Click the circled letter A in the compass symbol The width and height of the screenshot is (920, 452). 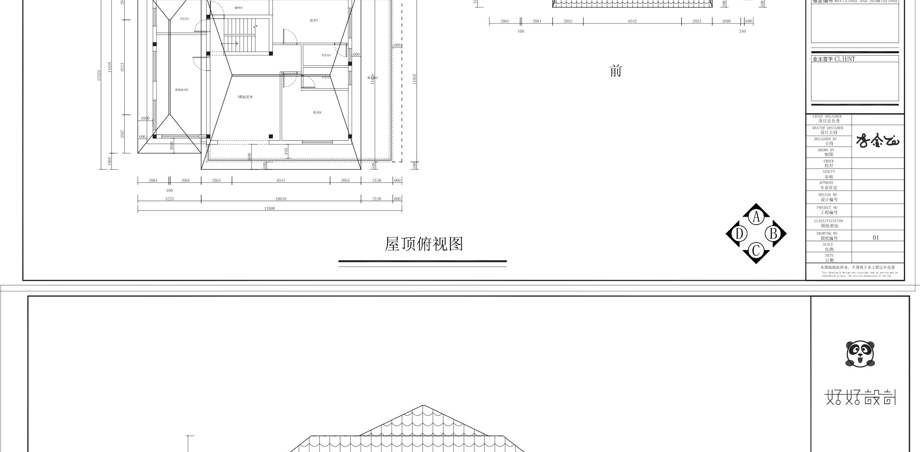coord(756,217)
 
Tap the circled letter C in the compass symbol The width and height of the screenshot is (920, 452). coord(756,251)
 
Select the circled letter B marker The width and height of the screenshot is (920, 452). coord(773,234)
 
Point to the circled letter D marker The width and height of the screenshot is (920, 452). coord(739,234)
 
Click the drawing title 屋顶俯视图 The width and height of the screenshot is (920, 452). coord(423,244)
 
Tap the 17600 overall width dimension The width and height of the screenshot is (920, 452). coord(269,209)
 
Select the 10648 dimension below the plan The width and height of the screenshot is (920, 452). coord(281,199)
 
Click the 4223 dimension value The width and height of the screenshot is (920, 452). coord(169,199)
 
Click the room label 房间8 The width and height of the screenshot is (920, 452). coord(317,113)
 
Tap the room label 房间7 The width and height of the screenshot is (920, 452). coord(314,21)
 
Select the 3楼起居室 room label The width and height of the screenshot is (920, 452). coord(245,97)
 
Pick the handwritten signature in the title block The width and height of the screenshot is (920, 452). coord(877,141)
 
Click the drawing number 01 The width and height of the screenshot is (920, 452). coord(876,238)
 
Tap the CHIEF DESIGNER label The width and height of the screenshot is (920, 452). coord(827,119)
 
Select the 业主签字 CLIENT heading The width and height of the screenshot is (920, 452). coord(833,59)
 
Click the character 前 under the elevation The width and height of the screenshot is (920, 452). coord(616,71)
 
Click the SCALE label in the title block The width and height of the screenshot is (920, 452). coord(828,247)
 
